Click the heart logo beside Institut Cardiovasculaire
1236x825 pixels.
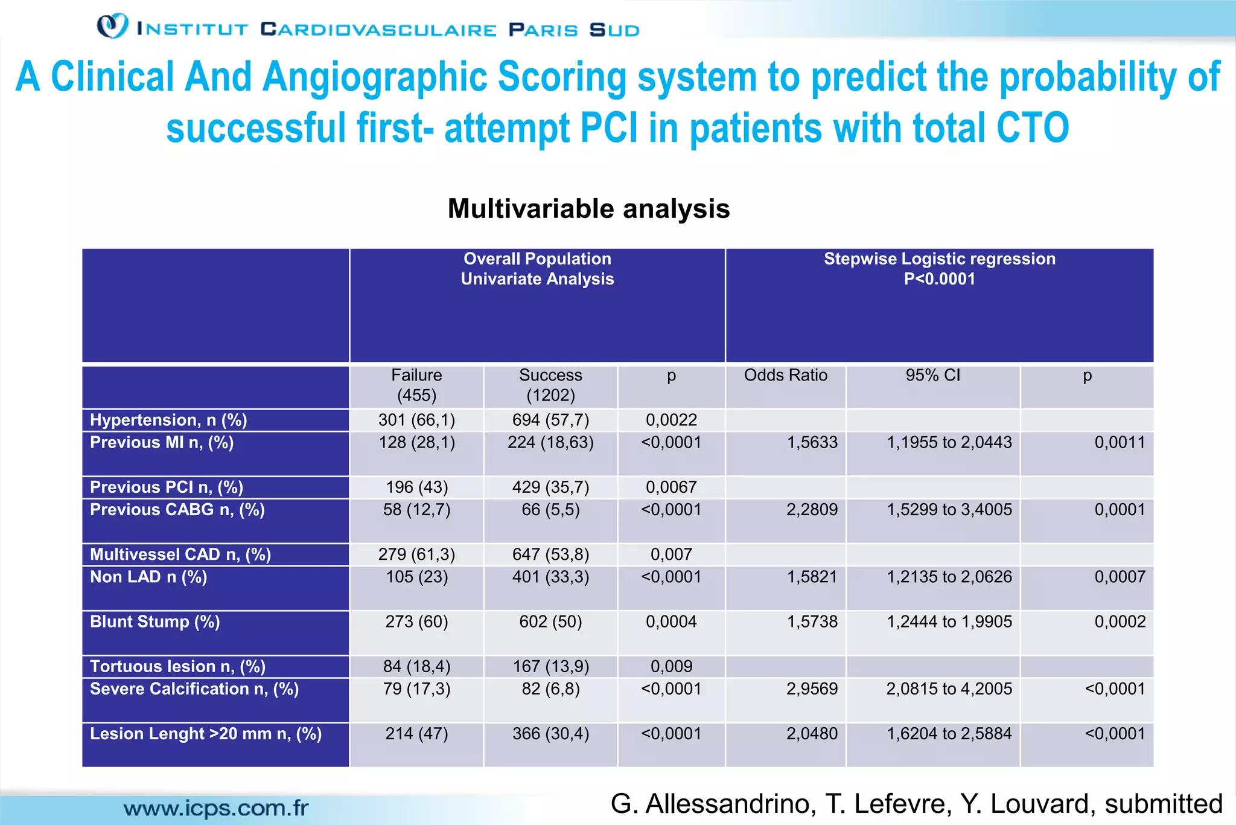(112, 26)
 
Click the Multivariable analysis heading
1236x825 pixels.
(588, 209)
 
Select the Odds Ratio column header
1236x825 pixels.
(785, 375)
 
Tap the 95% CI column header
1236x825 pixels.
(932, 375)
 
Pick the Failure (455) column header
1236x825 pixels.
(416, 385)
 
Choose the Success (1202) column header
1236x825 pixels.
(550, 385)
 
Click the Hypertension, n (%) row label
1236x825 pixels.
(168, 420)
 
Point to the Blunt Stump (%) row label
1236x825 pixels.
(154, 621)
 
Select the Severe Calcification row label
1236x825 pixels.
(194, 689)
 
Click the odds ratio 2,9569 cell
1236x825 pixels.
(812, 689)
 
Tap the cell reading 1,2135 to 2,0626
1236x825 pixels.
(949, 577)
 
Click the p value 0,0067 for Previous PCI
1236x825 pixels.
(671, 487)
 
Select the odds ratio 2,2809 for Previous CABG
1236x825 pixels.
(812, 510)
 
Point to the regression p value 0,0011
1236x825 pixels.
(1120, 442)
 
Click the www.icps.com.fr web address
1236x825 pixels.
(216, 808)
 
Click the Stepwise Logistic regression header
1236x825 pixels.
(939, 258)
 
